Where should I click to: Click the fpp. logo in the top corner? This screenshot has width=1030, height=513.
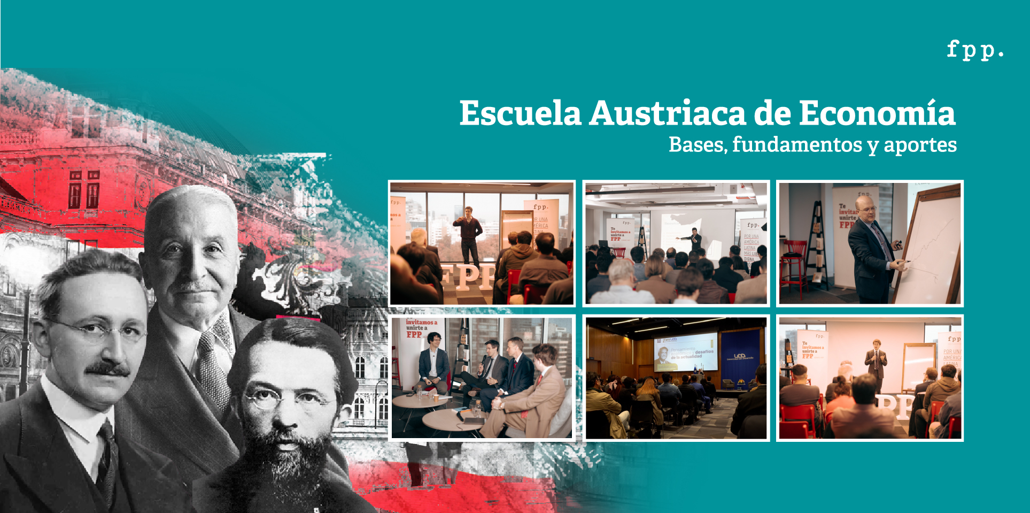pyautogui.click(x=975, y=50)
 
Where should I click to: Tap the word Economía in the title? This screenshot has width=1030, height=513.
pyautogui.click(x=877, y=113)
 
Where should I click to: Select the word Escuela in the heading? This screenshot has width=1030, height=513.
pyautogui.click(x=520, y=113)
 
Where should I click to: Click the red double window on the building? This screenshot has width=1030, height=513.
pyautogui.click(x=84, y=190)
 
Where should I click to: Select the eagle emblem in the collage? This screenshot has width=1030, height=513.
pyautogui.click(x=289, y=278)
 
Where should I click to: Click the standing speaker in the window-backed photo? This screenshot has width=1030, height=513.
pyautogui.click(x=469, y=235)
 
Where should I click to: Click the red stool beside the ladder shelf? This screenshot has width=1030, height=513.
pyautogui.click(x=793, y=262)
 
